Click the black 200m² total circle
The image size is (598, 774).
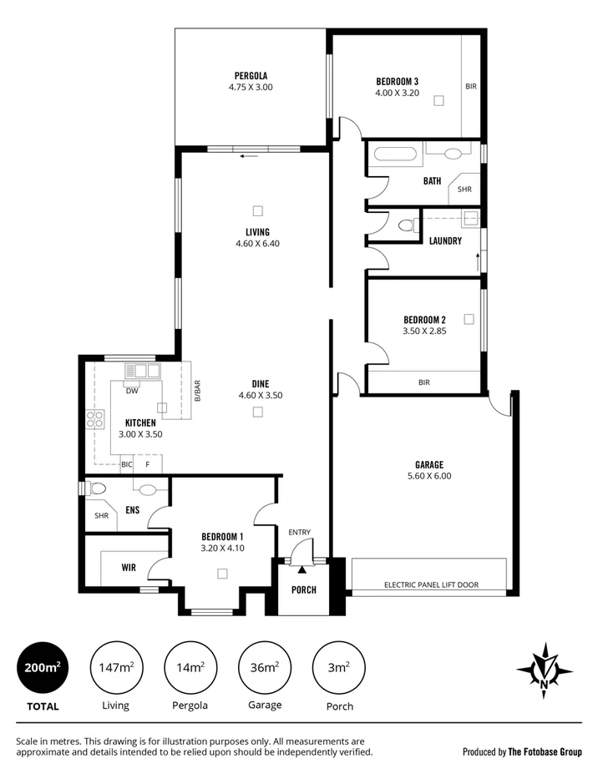click(x=41, y=667)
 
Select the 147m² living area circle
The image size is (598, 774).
click(x=115, y=667)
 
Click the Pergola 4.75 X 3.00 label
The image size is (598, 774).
click(x=251, y=81)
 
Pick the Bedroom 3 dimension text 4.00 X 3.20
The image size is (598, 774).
click(x=397, y=93)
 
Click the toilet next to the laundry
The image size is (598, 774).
click(x=408, y=225)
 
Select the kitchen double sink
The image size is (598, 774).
click(x=141, y=371)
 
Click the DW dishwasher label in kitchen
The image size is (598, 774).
click(x=132, y=391)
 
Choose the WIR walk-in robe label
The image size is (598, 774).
click(x=129, y=567)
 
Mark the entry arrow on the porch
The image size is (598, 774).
click(x=302, y=568)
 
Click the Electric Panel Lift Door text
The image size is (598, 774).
click(x=431, y=584)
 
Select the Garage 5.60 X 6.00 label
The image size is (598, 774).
click(x=428, y=470)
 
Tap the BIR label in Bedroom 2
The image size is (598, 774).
click(x=423, y=382)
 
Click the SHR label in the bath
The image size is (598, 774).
click(x=464, y=190)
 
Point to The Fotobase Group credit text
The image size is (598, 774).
click(x=545, y=751)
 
